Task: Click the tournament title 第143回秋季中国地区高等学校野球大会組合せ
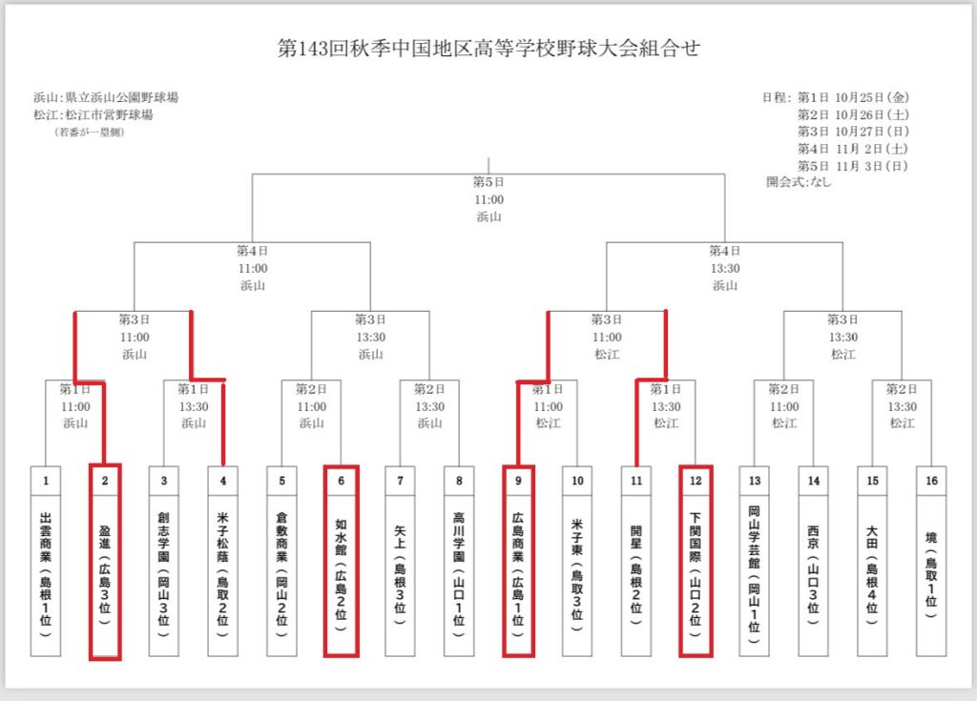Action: click(x=488, y=49)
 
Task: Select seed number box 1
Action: click(x=46, y=481)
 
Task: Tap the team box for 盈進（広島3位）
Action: click(x=105, y=572)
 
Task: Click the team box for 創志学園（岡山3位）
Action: click(x=164, y=572)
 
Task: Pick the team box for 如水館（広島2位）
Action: click(x=341, y=572)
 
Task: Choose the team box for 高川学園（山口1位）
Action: click(x=459, y=572)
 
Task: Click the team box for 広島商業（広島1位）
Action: click(x=518, y=572)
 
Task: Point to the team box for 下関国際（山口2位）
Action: click(x=696, y=572)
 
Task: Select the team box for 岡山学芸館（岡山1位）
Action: click(x=755, y=572)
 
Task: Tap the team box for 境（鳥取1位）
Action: click(x=931, y=572)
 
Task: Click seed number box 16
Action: click(x=931, y=481)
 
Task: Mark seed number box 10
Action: click(x=577, y=481)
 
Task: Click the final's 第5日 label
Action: click(x=488, y=182)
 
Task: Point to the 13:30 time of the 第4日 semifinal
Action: click(x=725, y=268)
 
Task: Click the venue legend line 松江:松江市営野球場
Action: click(x=93, y=115)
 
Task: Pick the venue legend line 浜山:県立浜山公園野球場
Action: click(x=106, y=98)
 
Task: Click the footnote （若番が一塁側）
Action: click(x=89, y=132)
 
